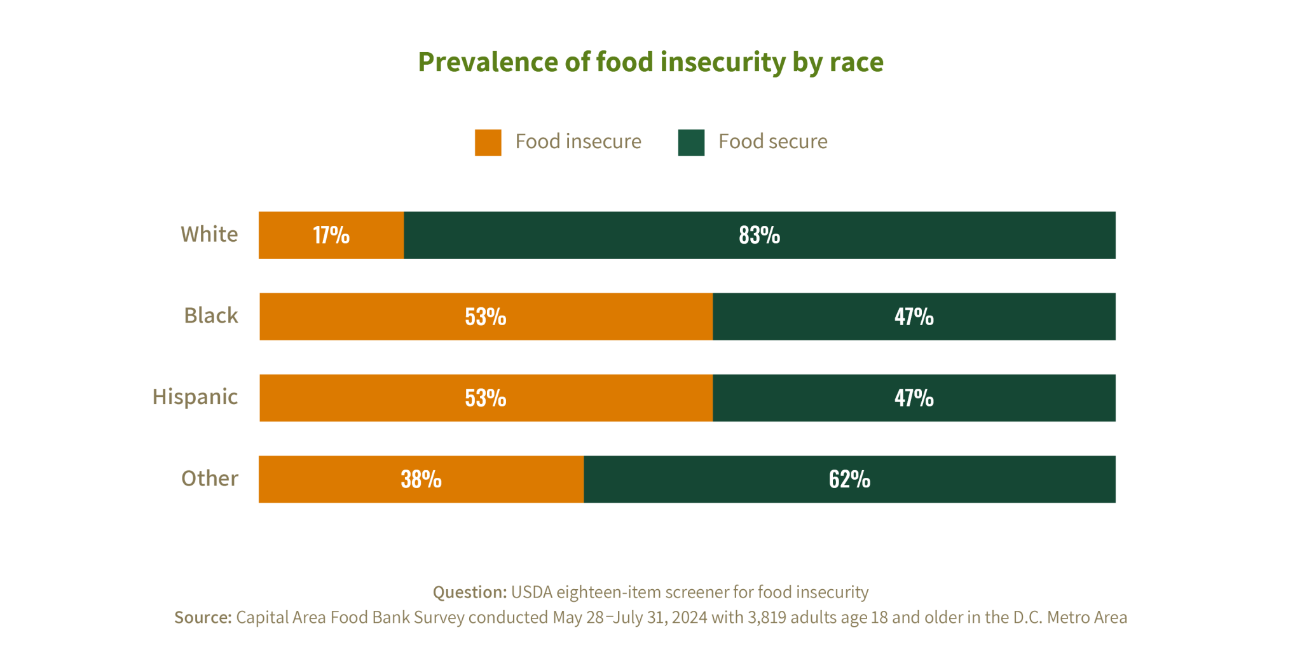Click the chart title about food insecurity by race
point(650,62)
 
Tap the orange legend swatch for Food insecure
point(488,143)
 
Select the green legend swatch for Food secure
point(691,143)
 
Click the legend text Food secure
point(772,141)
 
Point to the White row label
point(209,234)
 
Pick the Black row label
point(211,316)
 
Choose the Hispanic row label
point(195,397)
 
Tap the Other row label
point(210,478)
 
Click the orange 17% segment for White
point(331,235)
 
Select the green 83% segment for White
point(759,235)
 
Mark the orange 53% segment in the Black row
point(485,316)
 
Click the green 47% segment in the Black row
point(914,316)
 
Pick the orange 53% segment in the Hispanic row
point(485,398)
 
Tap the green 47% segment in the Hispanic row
point(914,398)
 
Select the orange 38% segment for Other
point(420,479)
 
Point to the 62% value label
point(849,479)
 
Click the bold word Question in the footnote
point(469,592)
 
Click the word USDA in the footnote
point(531,592)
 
